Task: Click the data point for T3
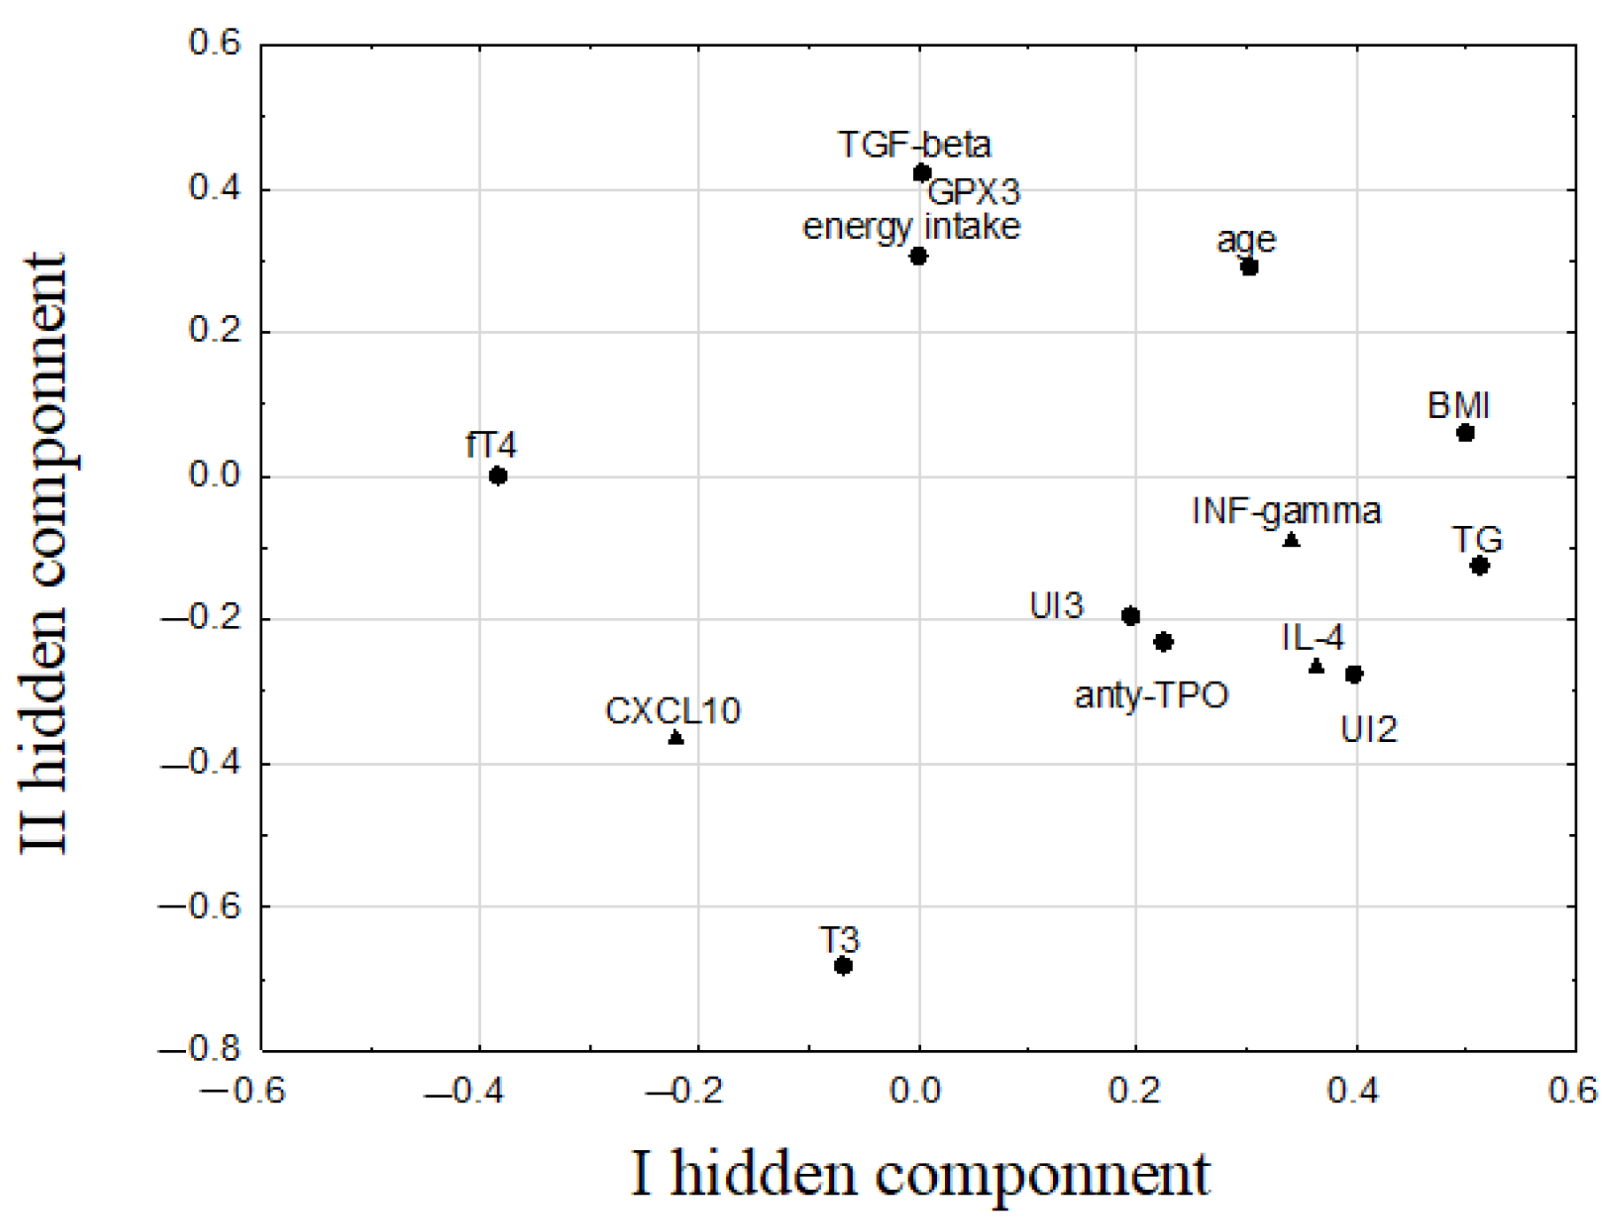843,965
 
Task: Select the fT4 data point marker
498,476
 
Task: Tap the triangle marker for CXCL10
676,738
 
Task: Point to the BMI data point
1466,433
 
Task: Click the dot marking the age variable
1249,266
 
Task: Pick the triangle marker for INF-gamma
1291,539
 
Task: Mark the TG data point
1479,566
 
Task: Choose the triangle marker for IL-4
1316,666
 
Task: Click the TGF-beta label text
914,145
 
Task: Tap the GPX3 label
973,192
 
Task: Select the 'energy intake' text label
911,228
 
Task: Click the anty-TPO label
1151,696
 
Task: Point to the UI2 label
1368,730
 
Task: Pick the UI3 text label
1057,606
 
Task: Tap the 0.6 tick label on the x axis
1572,1091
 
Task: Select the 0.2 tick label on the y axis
214,331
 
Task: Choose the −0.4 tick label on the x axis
464,1091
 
